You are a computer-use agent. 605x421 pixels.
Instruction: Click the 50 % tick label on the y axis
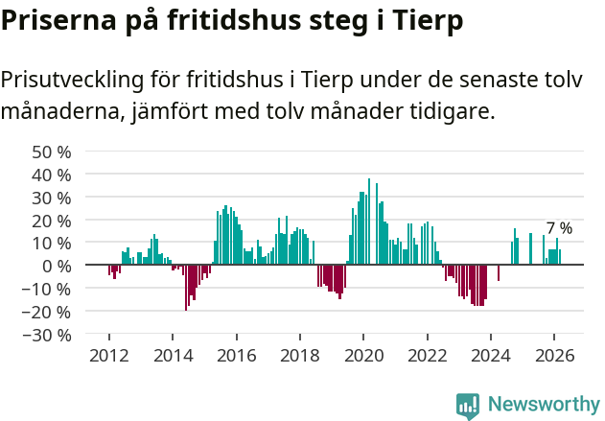52,152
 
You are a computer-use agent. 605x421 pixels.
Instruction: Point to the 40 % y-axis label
52,175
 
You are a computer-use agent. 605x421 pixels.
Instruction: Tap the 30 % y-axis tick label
52,198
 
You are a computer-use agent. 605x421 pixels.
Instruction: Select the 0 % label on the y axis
57,266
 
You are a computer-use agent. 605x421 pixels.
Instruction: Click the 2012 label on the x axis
109,355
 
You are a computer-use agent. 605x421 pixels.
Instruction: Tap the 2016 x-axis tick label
237,355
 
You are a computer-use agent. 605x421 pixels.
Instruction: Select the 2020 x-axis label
363,355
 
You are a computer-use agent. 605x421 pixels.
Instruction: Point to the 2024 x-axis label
491,355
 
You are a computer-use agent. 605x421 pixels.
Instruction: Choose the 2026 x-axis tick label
554,355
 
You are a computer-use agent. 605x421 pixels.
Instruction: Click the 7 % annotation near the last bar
559,228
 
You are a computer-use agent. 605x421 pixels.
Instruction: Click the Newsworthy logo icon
468,405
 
